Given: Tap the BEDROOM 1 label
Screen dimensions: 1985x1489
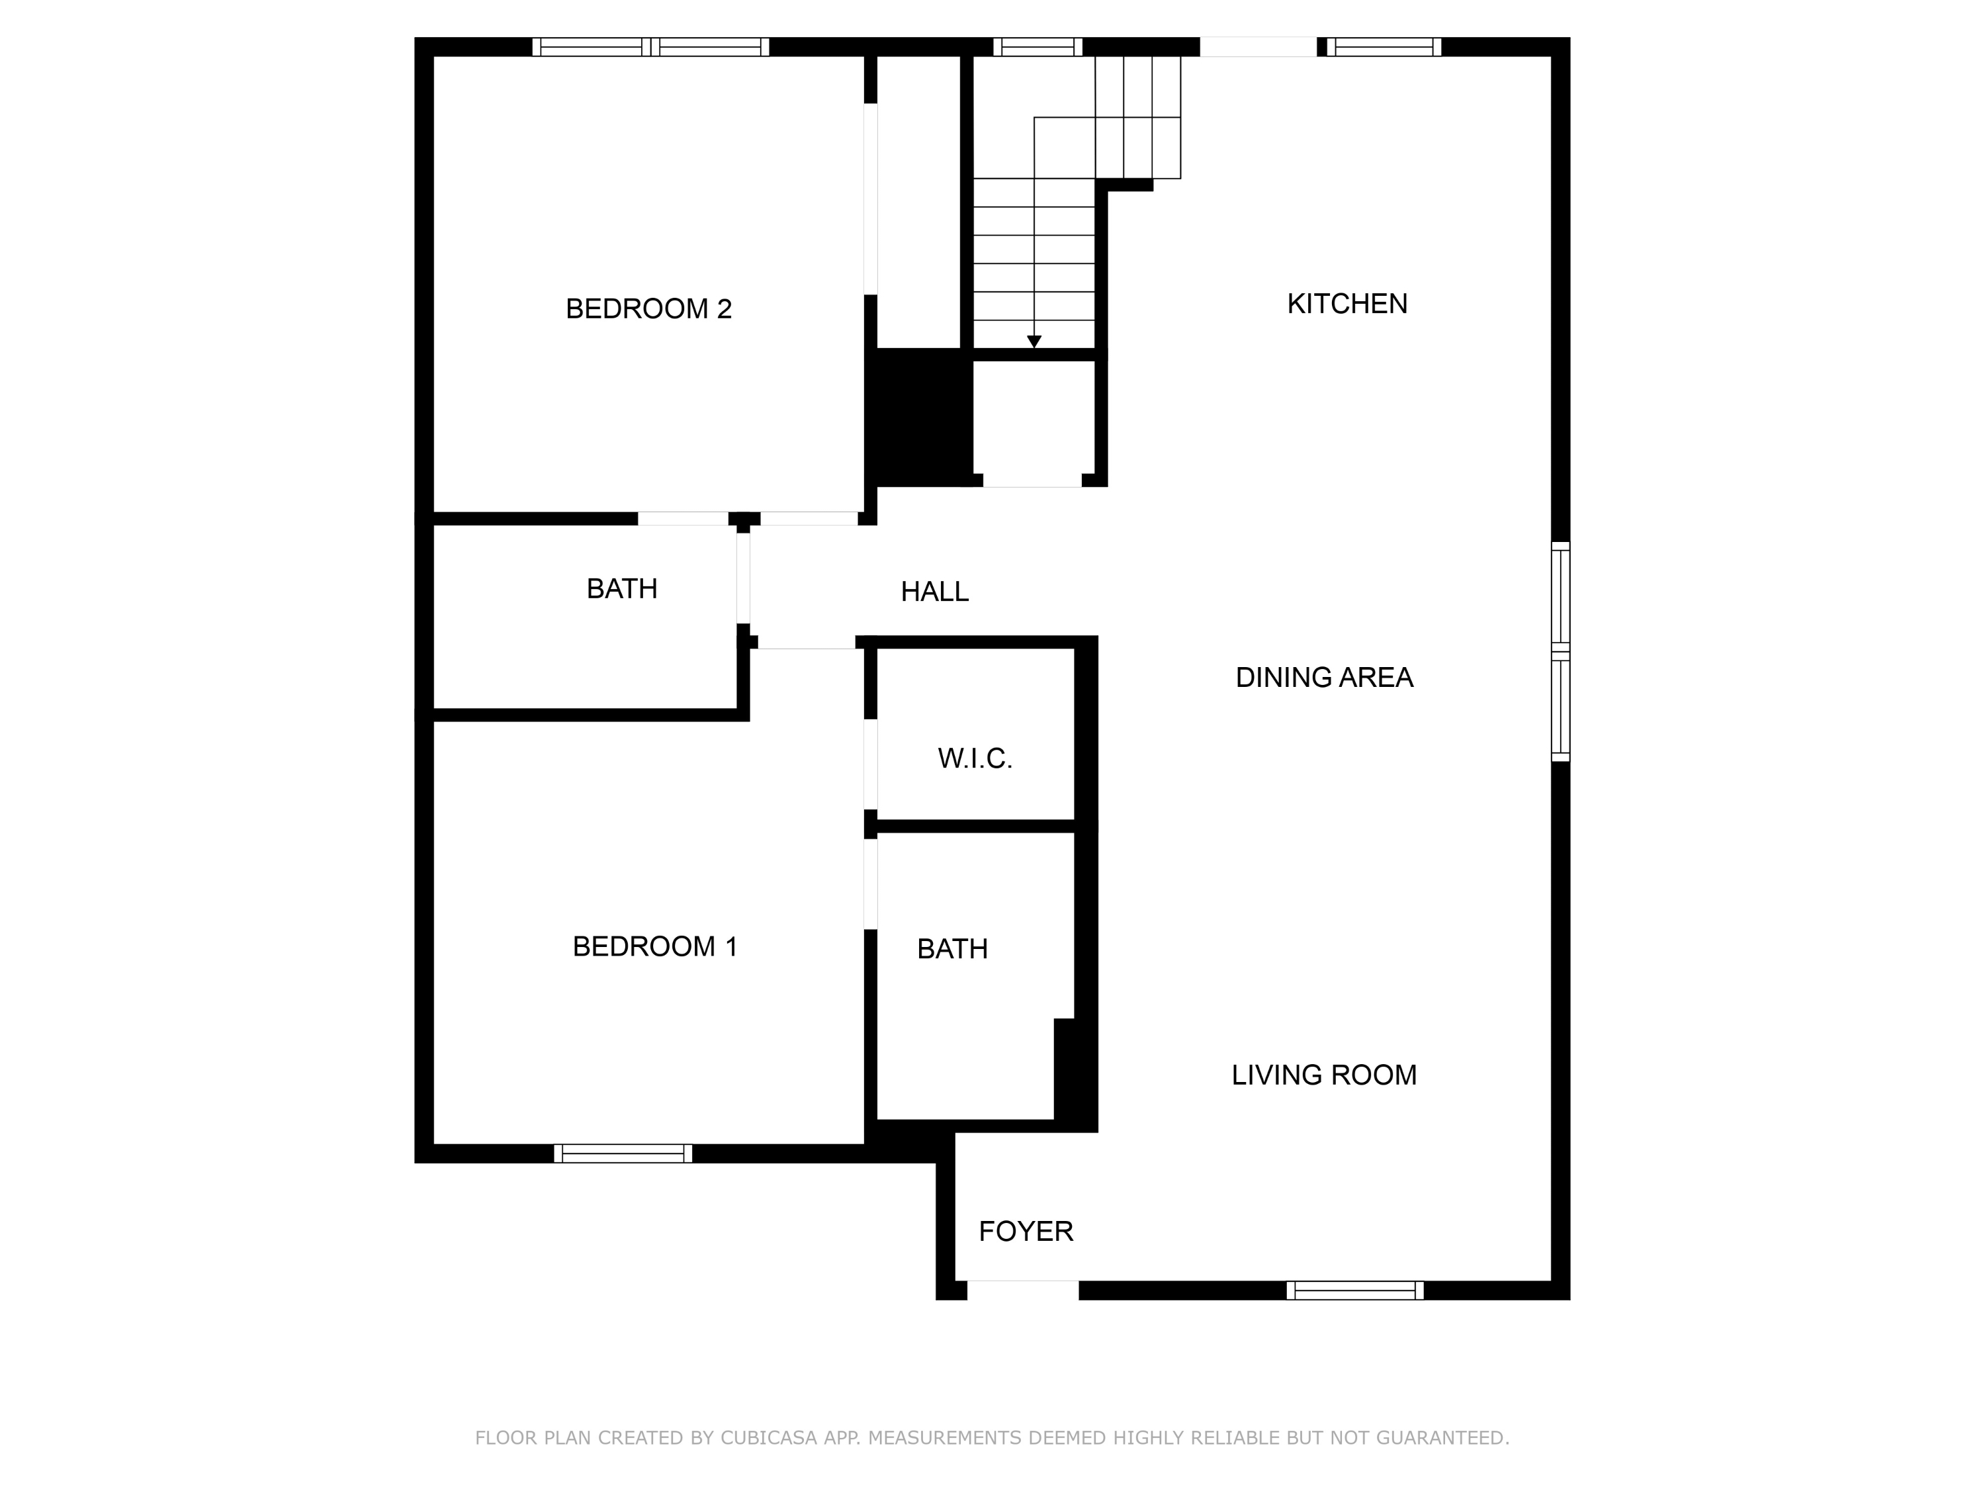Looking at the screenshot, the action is (x=654, y=946).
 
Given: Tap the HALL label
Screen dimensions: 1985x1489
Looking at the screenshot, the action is (x=934, y=592).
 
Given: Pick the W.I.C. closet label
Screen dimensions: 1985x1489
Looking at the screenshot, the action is (x=975, y=758).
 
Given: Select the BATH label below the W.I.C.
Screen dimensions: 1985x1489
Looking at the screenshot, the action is (x=952, y=949).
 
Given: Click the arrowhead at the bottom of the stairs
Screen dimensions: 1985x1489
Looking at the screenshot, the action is (x=1034, y=342).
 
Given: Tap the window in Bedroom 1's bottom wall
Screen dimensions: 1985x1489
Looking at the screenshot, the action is (x=623, y=1153).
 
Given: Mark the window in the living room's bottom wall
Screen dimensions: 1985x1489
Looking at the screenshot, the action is (x=1355, y=1290).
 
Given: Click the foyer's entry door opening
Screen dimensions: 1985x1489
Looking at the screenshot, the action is (x=1023, y=1290).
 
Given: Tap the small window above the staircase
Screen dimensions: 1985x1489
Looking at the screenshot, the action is (x=1037, y=47).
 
